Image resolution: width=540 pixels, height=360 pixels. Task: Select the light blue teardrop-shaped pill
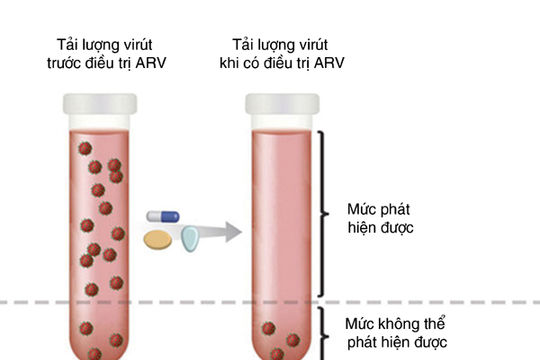[190, 238]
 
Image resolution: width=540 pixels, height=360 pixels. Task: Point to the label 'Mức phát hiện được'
[379, 219]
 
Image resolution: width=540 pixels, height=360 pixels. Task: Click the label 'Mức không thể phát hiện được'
[400, 334]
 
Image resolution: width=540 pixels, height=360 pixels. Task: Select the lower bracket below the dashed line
[322, 332]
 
